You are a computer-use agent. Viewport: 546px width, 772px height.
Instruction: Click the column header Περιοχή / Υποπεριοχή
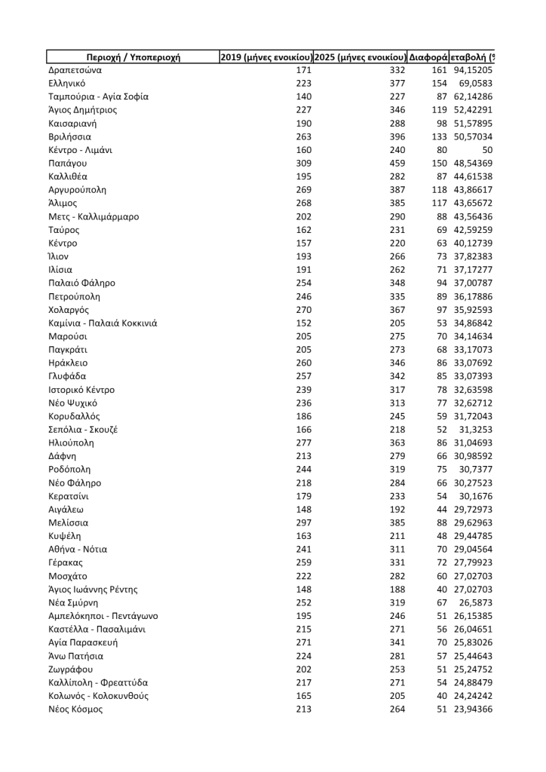pos(133,57)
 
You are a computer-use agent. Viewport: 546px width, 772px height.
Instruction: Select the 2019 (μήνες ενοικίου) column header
pos(266,57)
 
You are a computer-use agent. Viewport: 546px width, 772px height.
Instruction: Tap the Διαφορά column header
pos(428,57)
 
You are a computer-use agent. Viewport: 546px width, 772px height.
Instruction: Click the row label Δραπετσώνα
pos(75,70)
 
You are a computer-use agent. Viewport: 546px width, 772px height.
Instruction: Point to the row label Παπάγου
pos(66,163)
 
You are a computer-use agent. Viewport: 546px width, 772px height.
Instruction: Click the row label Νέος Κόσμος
pos(75,709)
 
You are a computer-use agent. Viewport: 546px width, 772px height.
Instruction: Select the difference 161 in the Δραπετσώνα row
pos(440,70)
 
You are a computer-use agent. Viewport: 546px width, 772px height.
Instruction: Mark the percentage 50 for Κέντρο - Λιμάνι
pos(486,150)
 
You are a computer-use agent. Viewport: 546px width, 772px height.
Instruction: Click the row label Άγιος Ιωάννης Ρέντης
pos(93,590)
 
